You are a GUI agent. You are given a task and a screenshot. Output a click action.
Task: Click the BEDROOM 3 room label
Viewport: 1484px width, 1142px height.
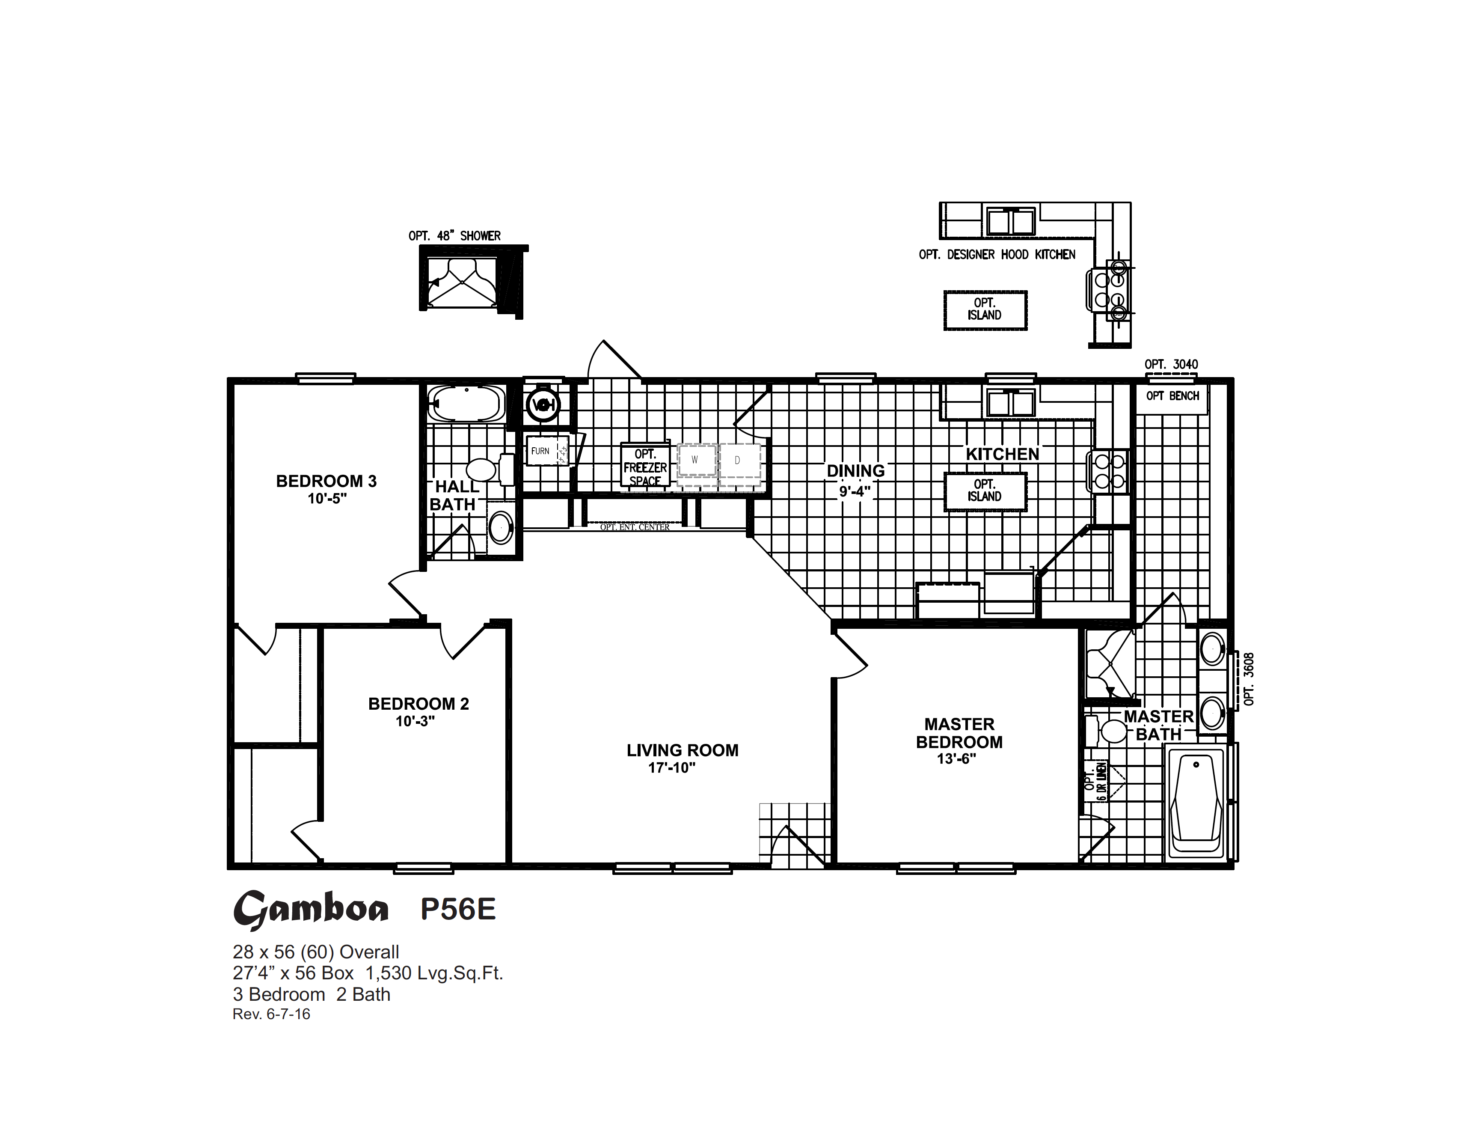[x=326, y=481]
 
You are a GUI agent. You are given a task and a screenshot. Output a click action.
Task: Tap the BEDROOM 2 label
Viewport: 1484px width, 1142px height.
[x=418, y=704]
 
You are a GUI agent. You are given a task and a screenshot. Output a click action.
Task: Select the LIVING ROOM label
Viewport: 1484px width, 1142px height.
[x=682, y=750]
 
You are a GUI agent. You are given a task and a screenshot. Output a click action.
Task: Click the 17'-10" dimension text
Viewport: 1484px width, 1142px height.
[x=671, y=768]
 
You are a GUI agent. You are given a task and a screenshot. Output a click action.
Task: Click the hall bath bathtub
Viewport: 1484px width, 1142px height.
[x=467, y=403]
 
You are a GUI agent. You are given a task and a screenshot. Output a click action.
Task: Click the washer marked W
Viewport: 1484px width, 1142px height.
[x=696, y=460]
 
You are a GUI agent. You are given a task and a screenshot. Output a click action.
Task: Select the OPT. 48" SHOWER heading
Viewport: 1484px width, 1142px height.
[x=454, y=236]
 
